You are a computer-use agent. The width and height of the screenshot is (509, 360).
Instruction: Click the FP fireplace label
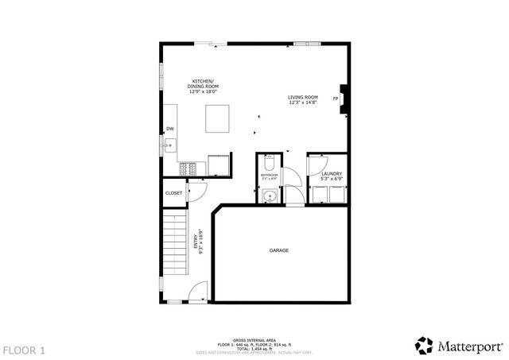pyautogui.click(x=336, y=99)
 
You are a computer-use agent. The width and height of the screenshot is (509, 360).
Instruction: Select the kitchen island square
pyautogui.click(x=218, y=118)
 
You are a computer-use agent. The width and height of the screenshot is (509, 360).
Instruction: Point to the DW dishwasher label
pyautogui.click(x=169, y=129)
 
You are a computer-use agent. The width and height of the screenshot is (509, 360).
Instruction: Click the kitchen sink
pyautogui.click(x=169, y=145)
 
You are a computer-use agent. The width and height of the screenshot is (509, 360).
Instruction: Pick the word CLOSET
pyautogui.click(x=173, y=192)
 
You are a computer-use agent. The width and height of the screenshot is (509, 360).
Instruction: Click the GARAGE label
pyautogui.click(x=278, y=250)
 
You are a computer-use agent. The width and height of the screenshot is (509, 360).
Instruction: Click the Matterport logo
pyautogui.click(x=459, y=345)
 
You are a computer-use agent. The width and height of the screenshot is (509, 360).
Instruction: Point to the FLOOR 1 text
pyautogui.click(x=24, y=350)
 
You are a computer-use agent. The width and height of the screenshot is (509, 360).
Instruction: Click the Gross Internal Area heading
pyautogui.click(x=254, y=339)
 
